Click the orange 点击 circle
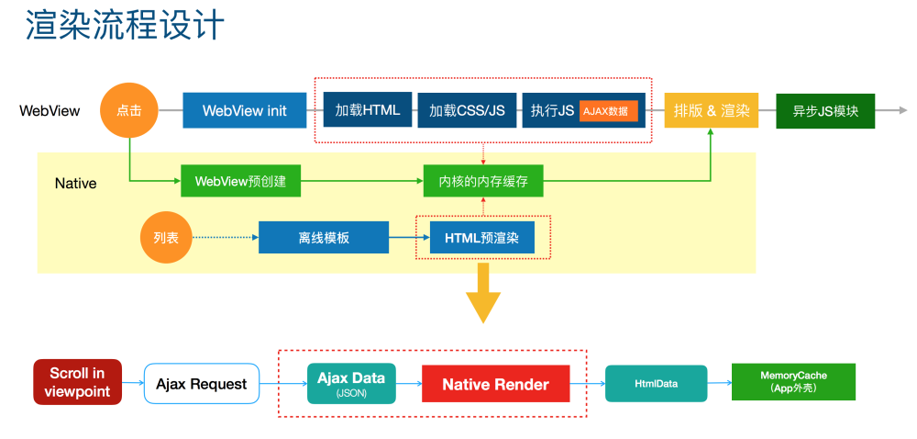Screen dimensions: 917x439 129,110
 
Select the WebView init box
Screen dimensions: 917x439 245,110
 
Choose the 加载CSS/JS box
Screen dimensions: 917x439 467,110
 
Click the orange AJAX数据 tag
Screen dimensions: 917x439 608,110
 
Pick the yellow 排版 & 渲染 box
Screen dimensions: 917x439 712,110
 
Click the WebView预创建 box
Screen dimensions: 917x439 240,181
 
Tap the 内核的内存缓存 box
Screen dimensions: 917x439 483,181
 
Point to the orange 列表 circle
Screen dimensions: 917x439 166,238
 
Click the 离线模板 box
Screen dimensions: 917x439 324,237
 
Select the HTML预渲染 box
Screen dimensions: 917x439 482,238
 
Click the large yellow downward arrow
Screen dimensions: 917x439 483,293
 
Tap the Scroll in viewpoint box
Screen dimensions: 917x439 77,382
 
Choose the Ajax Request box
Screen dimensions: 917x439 201,384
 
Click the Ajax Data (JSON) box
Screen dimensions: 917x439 351,383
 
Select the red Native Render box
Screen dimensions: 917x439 495,384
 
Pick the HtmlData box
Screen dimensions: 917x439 657,383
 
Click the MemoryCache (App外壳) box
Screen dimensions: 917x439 793,382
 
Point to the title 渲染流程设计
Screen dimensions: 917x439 125,25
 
